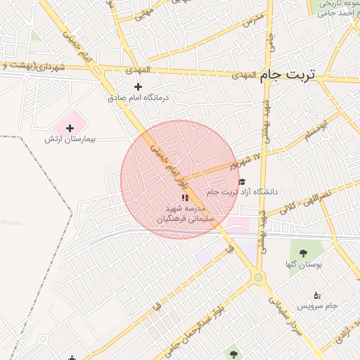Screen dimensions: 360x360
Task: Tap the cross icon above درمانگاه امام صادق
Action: point(138,86)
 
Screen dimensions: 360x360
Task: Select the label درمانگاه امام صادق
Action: point(139,98)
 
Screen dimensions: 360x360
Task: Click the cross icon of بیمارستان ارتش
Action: point(70,128)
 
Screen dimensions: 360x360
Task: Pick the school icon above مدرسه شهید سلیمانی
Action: point(185,198)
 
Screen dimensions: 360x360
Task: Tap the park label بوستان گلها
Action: point(303,265)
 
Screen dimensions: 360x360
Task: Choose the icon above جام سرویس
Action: point(316,295)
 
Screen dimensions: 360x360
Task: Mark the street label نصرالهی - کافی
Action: point(305,200)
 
